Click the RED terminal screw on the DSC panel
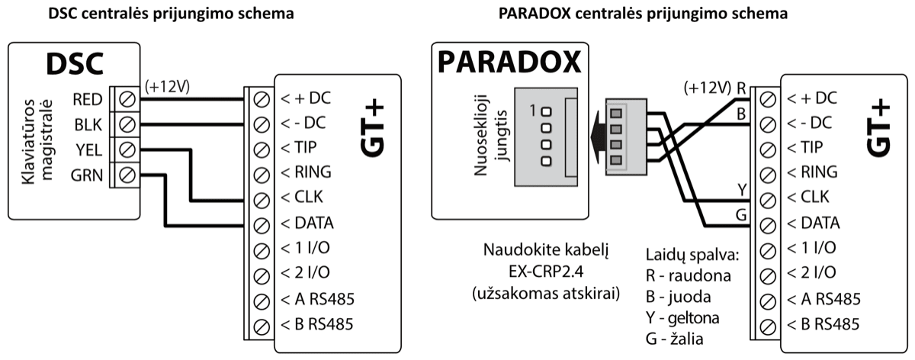coord(128,98)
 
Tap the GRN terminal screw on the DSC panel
coord(128,175)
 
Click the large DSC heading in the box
coord(75,66)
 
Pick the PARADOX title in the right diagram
coord(509,63)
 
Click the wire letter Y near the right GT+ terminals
coord(740,188)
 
